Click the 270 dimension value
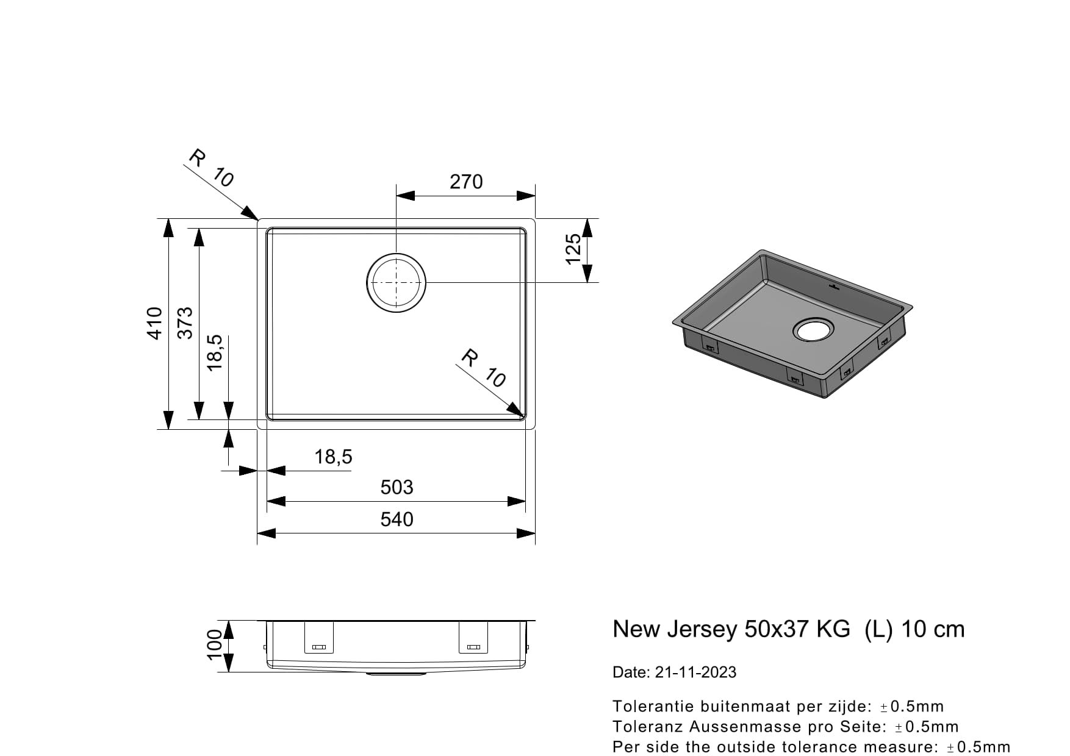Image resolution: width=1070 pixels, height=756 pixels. [x=466, y=182]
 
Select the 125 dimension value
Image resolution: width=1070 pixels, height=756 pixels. [x=573, y=249]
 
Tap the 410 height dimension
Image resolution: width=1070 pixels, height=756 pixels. [x=155, y=323]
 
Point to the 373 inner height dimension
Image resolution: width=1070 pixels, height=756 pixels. [x=185, y=323]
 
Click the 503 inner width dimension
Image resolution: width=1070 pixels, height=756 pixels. [x=397, y=487]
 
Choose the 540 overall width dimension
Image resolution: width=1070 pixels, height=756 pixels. [x=397, y=519]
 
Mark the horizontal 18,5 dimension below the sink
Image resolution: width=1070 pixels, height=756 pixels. [x=333, y=457]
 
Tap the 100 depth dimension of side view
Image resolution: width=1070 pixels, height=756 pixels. [x=213, y=646]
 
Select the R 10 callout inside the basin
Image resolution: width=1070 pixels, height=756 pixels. [x=483, y=368]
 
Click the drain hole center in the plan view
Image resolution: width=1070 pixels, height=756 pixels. [x=396, y=282]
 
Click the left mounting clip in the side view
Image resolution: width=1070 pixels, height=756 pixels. [x=319, y=638]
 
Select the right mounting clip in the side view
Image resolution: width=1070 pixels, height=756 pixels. [x=473, y=638]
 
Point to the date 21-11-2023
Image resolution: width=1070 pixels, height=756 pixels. [x=695, y=672]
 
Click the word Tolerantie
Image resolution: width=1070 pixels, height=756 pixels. [x=653, y=707]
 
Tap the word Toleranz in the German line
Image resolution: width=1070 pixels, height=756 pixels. [x=648, y=727]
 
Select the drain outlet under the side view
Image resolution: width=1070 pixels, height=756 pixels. [x=396, y=674]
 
